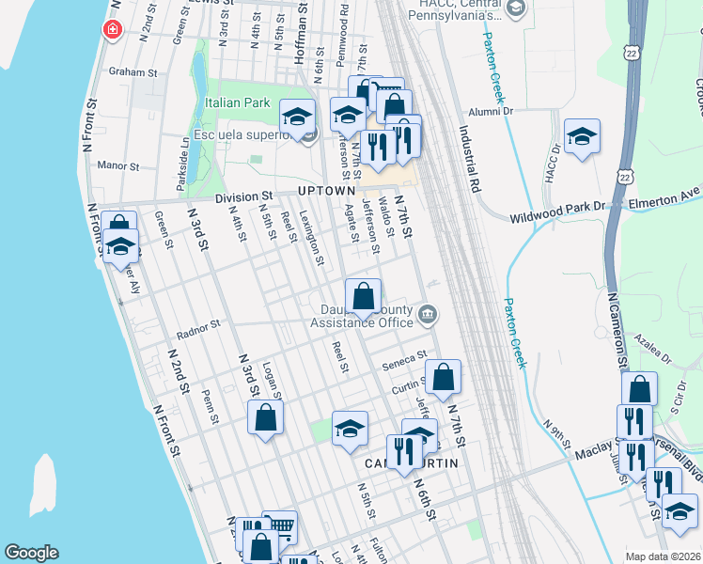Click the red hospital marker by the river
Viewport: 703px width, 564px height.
pos(113,30)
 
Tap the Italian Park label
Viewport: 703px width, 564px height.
pos(235,102)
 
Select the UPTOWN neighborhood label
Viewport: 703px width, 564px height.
pos(325,190)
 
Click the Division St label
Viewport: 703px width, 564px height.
pos(243,197)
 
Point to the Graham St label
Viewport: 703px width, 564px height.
pos(132,71)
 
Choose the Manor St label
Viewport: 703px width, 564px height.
pos(118,165)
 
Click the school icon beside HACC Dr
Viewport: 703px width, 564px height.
pos(582,135)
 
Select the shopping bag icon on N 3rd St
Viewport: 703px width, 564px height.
pos(266,416)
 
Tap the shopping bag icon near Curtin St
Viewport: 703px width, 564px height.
pos(444,376)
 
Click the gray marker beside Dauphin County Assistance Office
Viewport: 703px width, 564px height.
pos(428,314)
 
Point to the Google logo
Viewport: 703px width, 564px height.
pos(31,553)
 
